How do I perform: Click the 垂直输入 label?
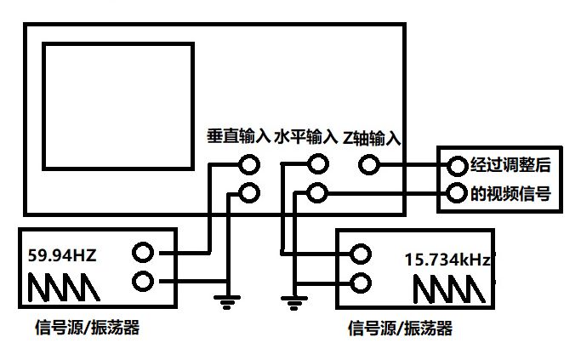(238, 136)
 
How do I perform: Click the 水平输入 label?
(305, 136)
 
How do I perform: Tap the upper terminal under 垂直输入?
(249, 164)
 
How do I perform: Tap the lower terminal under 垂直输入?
(249, 192)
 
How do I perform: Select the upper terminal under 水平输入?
(317, 164)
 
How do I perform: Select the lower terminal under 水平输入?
(317, 193)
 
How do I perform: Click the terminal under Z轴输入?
(368, 164)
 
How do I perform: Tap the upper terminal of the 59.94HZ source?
(143, 253)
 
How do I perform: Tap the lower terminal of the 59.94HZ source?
(143, 280)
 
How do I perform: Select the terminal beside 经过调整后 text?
(458, 164)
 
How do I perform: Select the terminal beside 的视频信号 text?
(458, 192)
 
